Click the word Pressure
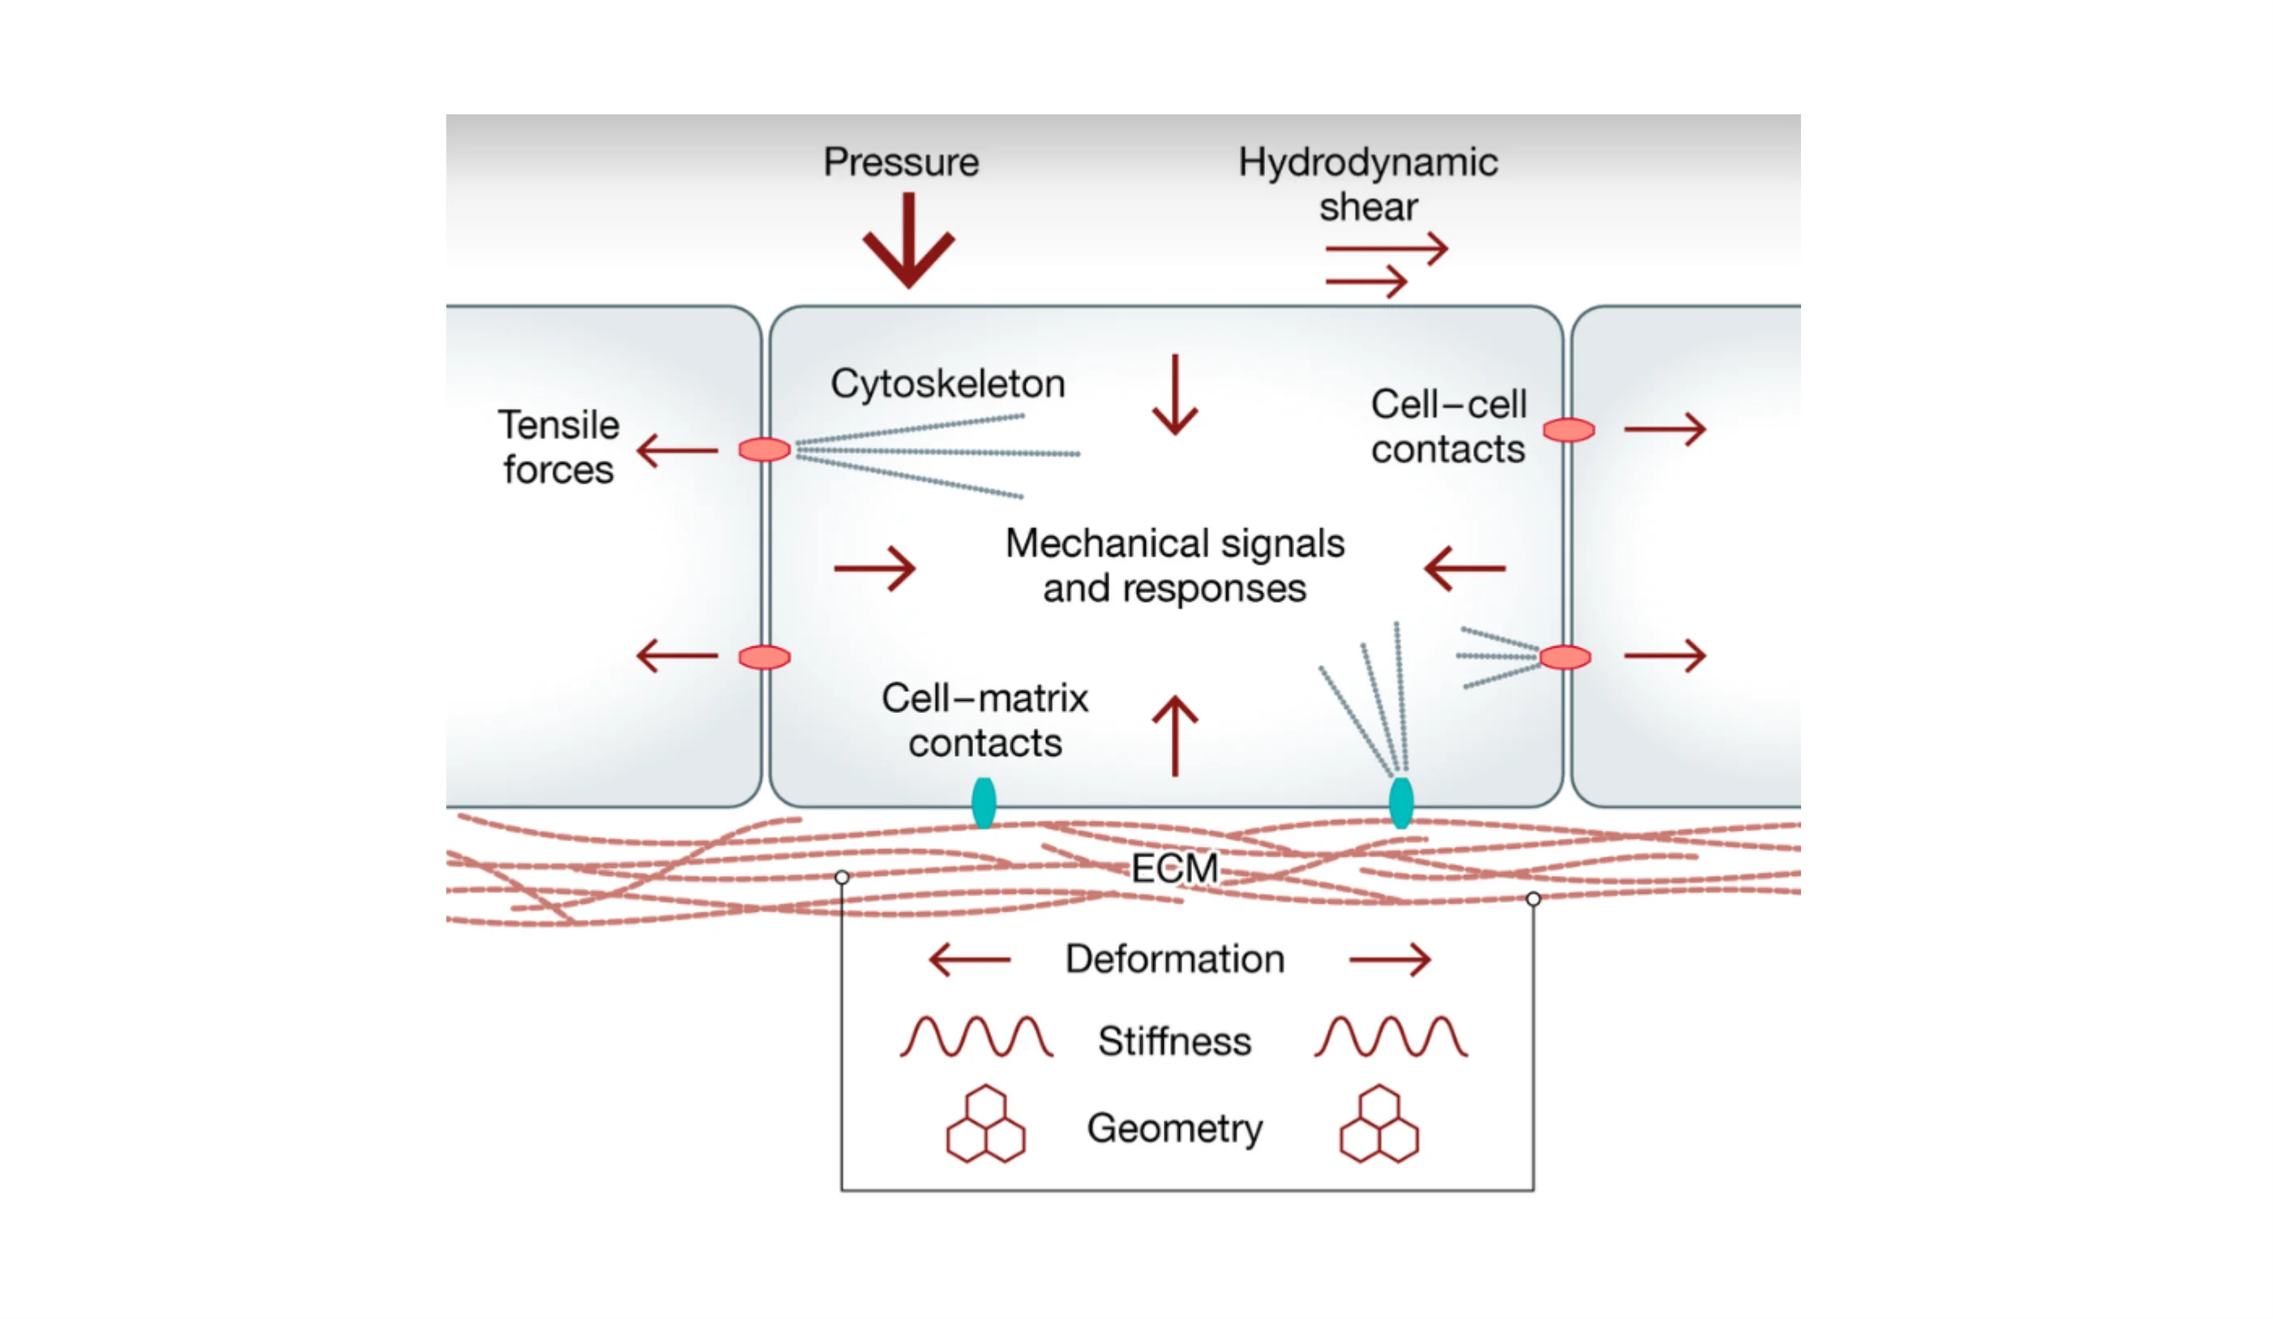[900, 162]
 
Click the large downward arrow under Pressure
[908, 242]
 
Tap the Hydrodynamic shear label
[1367, 184]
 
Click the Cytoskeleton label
[947, 384]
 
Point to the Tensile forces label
[559, 448]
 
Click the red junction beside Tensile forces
[764, 449]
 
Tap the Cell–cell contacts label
[1447, 427]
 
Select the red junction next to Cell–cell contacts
[1568, 431]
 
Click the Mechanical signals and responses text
[1174, 565]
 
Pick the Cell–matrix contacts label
[984, 720]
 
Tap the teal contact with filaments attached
[1400, 802]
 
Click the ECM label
[1174, 868]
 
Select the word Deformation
[1174, 959]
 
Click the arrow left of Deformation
[970, 959]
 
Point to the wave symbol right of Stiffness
[1390, 1037]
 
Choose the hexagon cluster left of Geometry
[985, 1124]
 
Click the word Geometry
[1174, 1128]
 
